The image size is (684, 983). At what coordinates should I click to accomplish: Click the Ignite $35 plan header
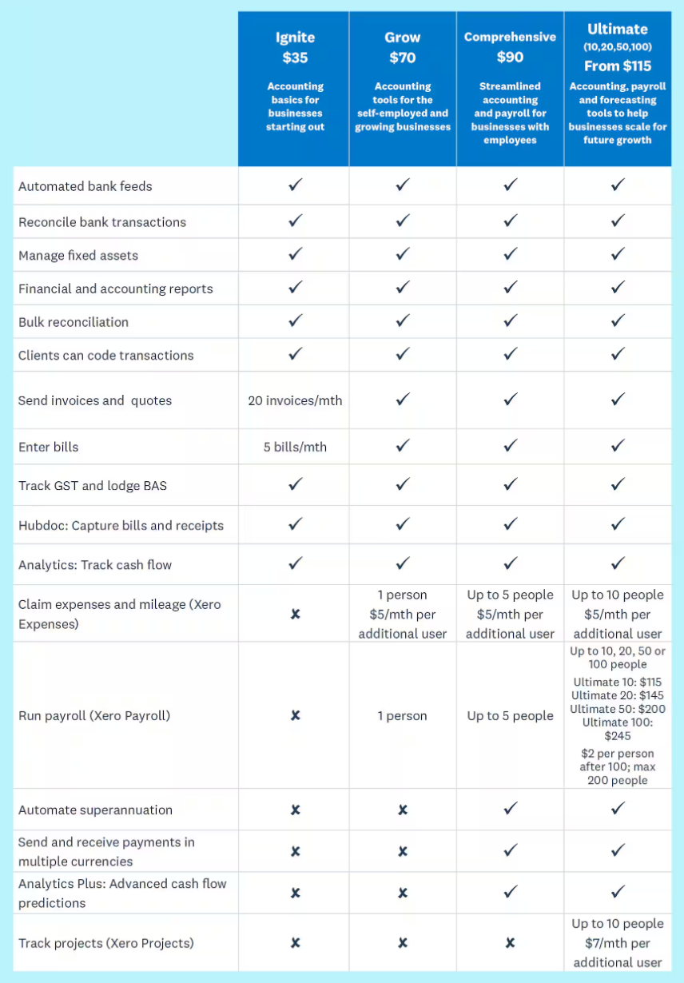[295, 47]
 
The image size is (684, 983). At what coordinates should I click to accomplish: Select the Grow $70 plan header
[403, 47]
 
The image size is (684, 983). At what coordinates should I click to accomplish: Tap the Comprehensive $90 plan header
[510, 47]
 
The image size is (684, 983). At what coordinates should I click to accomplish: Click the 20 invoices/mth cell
[295, 400]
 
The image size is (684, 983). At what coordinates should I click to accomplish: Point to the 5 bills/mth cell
[295, 447]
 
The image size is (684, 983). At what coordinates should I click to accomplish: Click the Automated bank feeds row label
[85, 186]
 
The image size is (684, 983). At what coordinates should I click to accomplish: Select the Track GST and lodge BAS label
[93, 485]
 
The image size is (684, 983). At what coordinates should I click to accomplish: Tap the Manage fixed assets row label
[78, 256]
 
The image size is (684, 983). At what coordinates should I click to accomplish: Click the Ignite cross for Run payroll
[295, 715]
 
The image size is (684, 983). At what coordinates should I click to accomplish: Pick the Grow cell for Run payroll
[403, 716]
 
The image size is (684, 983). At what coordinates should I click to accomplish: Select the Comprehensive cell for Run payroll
[510, 716]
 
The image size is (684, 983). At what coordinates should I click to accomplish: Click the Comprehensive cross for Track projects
[510, 943]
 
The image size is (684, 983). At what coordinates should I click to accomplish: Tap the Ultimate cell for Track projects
[617, 943]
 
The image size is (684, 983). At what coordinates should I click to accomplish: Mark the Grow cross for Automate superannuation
[403, 810]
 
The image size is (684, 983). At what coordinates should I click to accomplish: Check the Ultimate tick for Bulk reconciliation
[617, 321]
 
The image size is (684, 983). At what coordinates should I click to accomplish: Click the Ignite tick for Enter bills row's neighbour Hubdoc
[295, 524]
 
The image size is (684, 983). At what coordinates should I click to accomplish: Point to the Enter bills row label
[49, 447]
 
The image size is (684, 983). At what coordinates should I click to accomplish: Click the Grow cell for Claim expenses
[403, 614]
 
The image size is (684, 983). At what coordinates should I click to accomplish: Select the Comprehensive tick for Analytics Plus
[510, 891]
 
